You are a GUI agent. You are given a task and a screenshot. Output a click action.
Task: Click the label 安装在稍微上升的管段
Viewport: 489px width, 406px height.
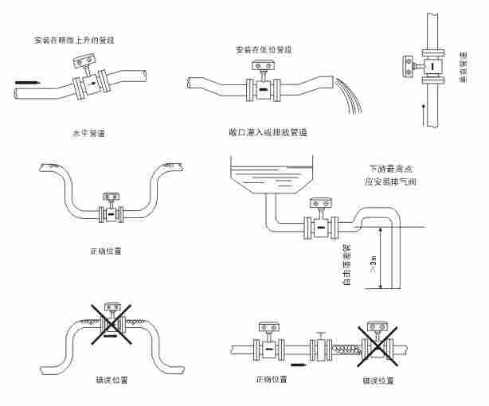click(x=80, y=39)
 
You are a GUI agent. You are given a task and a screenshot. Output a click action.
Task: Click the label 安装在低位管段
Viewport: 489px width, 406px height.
click(x=263, y=49)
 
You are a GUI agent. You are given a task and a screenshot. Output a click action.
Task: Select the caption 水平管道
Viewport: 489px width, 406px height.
click(x=88, y=133)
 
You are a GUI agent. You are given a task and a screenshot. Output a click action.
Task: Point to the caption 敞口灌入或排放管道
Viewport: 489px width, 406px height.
click(x=268, y=131)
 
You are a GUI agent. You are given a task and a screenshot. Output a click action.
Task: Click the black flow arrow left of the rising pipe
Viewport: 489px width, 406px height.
click(x=25, y=81)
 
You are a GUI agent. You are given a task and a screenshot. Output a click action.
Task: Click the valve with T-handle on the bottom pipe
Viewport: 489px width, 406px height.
click(x=319, y=345)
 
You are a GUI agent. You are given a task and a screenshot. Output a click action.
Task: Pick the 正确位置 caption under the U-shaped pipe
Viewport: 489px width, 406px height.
click(x=106, y=250)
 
